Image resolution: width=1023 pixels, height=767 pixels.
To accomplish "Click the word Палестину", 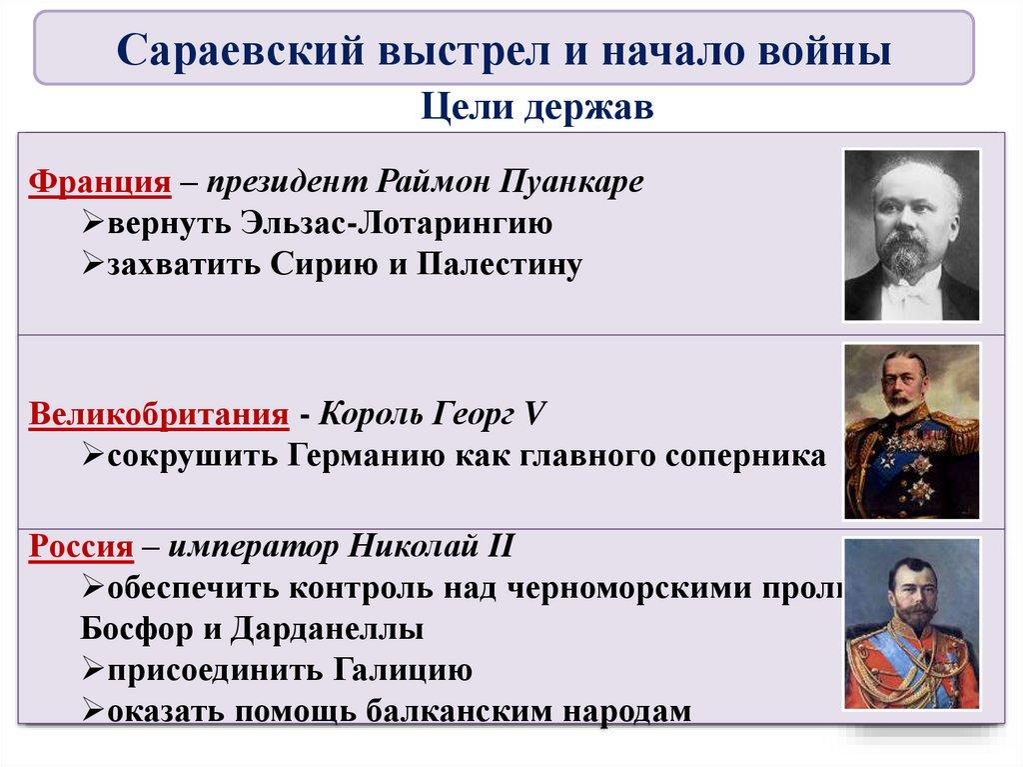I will click(x=500, y=266).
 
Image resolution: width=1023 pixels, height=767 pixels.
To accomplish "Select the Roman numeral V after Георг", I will click(x=537, y=414).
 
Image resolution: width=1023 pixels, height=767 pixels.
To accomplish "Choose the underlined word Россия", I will click(x=81, y=547).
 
